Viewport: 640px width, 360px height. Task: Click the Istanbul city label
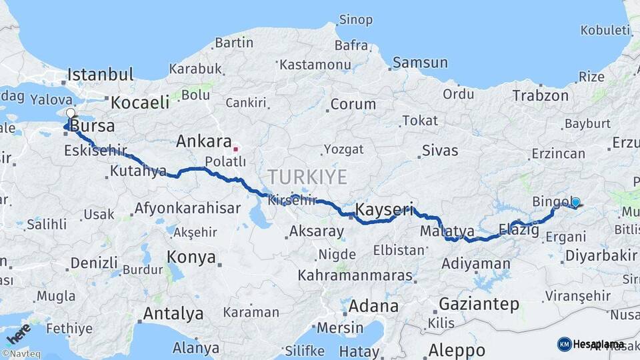point(100,74)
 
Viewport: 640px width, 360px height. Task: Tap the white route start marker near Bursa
point(70,113)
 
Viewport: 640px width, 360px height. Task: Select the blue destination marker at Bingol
point(575,202)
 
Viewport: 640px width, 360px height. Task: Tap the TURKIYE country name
point(307,177)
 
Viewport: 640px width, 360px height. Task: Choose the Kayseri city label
point(385,209)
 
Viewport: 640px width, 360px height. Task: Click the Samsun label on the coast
point(420,63)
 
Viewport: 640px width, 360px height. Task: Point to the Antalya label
point(173,313)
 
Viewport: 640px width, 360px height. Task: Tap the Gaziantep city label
point(479,305)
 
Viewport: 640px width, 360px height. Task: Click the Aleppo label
point(457,350)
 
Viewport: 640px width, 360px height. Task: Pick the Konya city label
point(191,257)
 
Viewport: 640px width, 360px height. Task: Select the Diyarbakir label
point(601,256)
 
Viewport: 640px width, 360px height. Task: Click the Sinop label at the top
point(355,19)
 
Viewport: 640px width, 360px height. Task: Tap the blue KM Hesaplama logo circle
point(564,344)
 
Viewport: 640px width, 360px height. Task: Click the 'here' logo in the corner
point(19,331)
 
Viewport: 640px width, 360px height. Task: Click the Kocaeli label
point(140,103)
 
